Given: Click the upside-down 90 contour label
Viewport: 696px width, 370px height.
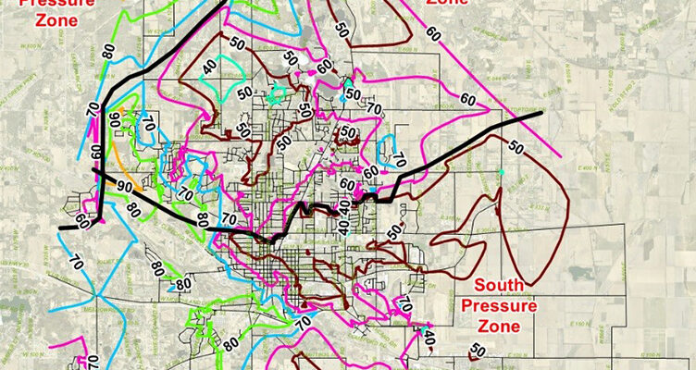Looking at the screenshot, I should pyautogui.click(x=115, y=119).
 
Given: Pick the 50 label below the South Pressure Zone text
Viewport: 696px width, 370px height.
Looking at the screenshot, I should pyautogui.click(x=477, y=350).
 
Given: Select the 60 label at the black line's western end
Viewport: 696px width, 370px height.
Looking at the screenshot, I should pyautogui.click(x=83, y=222).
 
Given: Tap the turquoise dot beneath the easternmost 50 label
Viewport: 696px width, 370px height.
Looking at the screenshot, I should pyautogui.click(x=501, y=173).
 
